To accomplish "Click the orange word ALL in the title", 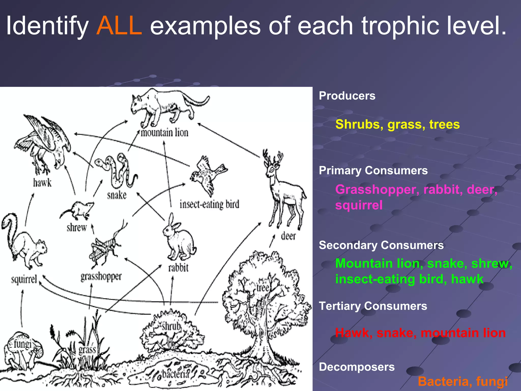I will point(119,26).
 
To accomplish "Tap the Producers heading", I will point(347,96).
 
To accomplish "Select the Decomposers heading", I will point(357,367).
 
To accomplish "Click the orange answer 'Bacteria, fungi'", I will point(463,382).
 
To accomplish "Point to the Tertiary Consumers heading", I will point(373,306).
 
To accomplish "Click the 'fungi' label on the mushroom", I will point(23,344).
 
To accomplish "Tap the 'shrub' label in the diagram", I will point(171,326).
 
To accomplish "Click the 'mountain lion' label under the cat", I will point(165,133).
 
